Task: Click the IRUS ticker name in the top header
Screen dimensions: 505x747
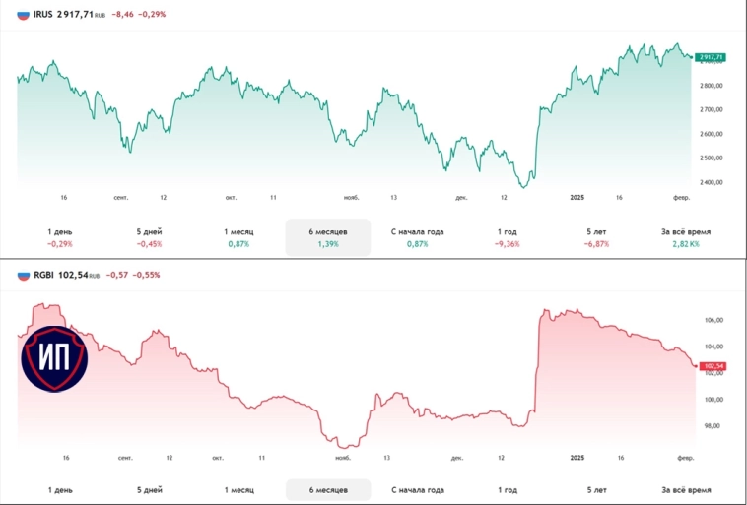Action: coord(44,15)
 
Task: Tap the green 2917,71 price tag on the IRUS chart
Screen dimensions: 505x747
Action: coord(710,57)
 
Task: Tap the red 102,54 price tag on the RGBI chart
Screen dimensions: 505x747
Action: coord(711,366)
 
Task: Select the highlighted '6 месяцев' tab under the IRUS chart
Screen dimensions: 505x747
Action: coord(327,231)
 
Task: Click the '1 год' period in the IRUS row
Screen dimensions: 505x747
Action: coord(508,231)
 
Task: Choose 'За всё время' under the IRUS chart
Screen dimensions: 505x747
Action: coord(686,231)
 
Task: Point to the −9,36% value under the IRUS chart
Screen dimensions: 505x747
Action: coord(508,243)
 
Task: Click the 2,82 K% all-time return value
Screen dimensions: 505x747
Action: coord(686,243)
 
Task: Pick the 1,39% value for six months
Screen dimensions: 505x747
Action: coord(327,243)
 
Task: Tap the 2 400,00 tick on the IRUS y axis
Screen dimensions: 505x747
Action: coord(711,182)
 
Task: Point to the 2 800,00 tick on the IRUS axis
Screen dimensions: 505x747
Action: coord(711,86)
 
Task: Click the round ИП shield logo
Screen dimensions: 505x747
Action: coord(54,355)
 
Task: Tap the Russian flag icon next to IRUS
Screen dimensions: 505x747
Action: coord(23,15)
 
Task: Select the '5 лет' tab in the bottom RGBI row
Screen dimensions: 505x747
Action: coord(596,489)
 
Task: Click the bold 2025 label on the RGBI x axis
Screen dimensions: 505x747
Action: coord(578,458)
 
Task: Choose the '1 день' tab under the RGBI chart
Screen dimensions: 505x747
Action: coord(60,489)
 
